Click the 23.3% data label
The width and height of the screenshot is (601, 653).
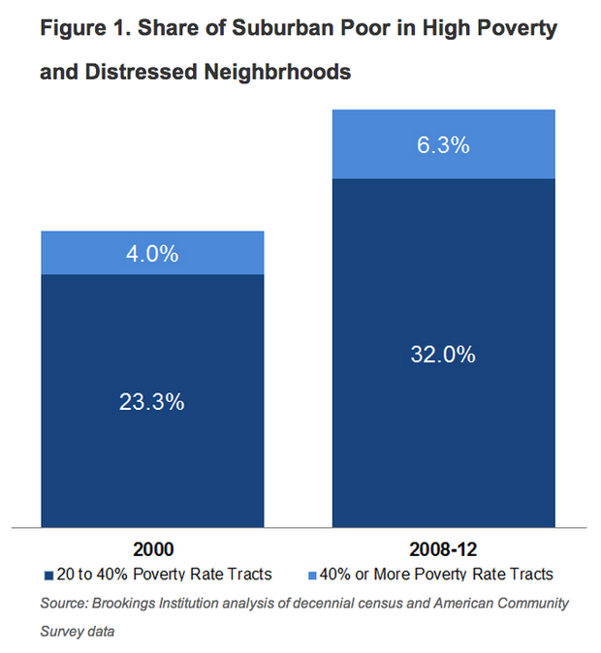pos(151,401)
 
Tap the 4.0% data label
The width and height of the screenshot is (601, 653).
pos(151,254)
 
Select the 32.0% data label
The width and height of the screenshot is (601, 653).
pos(443,355)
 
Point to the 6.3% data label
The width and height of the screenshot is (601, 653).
pos(443,145)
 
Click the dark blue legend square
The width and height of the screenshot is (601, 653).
pos(48,575)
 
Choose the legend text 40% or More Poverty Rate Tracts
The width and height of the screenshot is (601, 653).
pos(435,575)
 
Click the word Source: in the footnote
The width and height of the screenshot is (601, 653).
pos(65,603)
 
